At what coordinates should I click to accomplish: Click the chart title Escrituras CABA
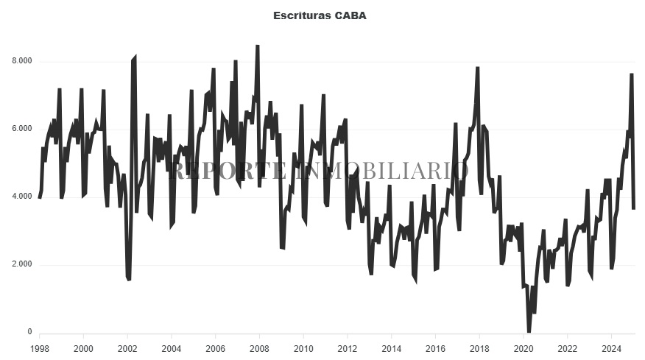pyautogui.click(x=320, y=15)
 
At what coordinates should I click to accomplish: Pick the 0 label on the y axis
pyautogui.click(x=29, y=333)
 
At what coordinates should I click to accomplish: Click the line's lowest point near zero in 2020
pyautogui.click(x=529, y=331)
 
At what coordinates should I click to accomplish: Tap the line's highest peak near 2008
pyautogui.click(x=257, y=46)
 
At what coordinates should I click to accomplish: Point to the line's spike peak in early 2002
pyautogui.click(x=134, y=57)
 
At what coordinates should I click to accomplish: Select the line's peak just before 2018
pyautogui.click(x=478, y=68)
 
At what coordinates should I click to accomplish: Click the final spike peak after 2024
pyautogui.click(x=632, y=74)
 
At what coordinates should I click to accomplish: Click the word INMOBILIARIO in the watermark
pyautogui.click(x=380, y=171)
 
